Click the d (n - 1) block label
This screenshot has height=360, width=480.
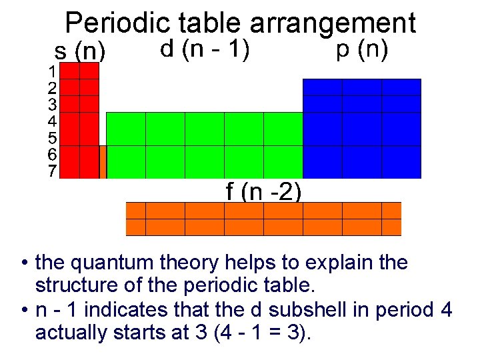coord(205,49)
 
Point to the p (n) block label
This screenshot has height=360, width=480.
coord(362,49)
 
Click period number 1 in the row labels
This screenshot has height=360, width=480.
coord(51,70)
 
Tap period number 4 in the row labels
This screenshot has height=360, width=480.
coord(51,121)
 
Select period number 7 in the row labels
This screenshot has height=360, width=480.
coord(51,171)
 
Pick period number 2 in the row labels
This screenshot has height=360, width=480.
coord(51,87)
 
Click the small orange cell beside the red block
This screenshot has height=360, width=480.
coord(103,162)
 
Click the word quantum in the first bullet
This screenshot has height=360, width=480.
coord(111,263)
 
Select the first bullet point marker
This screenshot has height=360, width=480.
coord(23,263)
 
